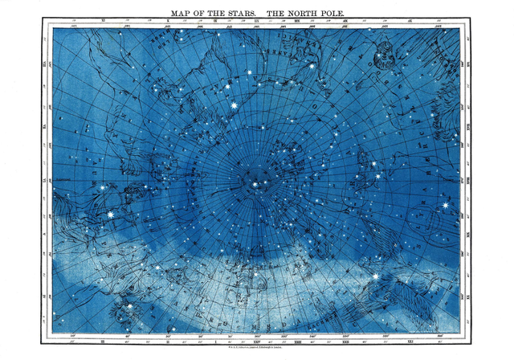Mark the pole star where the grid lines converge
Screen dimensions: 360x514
(255, 185)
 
